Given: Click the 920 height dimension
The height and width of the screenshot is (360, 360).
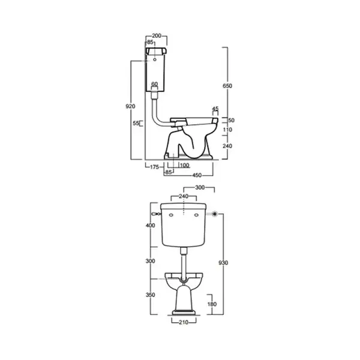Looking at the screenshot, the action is pos(130,106).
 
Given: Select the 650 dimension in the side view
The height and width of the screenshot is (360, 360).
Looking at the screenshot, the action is pos(227,86).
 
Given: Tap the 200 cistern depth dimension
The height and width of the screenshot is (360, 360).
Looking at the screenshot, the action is pos(157,35).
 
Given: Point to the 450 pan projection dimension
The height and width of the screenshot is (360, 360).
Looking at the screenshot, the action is pos(197,175).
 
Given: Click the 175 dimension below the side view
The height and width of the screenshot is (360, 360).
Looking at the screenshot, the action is pos(155,167).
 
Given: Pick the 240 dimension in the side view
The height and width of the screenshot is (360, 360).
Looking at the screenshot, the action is pos(227,146).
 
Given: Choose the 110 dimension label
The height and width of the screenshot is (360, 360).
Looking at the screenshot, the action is pos(227,130).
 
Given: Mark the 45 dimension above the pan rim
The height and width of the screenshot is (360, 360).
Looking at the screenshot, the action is pos(215,109).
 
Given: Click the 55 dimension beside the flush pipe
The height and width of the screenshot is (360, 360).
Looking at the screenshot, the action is pos(136,123).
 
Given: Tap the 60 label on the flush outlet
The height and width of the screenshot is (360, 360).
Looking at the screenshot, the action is pos(155,84).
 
